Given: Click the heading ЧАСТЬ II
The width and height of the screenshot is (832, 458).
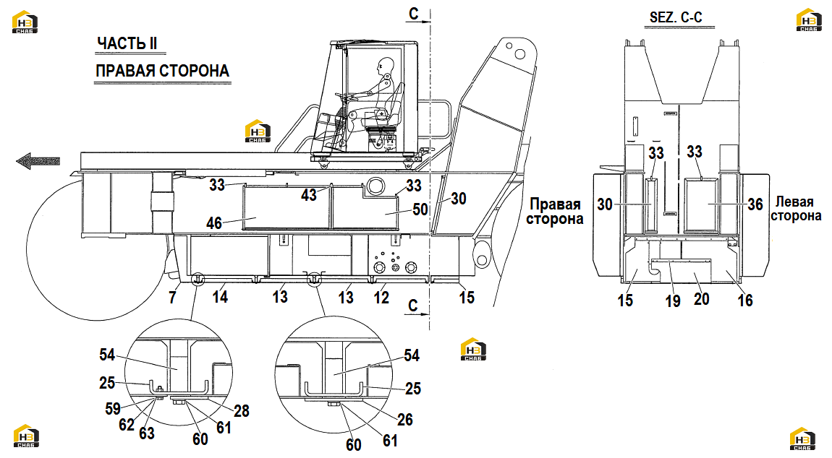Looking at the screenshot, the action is pos(127,43).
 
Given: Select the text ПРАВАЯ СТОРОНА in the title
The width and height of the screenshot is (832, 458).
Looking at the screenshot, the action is pos(162,71).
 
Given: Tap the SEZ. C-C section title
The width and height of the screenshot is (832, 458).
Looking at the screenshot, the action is pos(676,17).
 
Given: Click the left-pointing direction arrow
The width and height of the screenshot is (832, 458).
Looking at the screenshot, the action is pos(38,160).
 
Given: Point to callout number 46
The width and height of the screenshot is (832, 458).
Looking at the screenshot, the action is pos(214,223).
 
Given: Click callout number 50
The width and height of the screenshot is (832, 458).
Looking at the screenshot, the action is pos(420,209).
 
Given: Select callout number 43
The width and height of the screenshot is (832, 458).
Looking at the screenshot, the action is pos(309,194).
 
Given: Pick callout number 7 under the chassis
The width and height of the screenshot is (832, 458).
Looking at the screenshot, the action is pos(172,298).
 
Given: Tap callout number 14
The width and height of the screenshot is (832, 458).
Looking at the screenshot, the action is pos(220,297).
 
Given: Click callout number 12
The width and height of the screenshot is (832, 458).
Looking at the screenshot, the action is pos(381,298).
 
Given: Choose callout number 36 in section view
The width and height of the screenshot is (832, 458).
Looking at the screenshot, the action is pos(755,204).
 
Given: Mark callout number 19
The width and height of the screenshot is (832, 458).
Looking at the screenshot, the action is pos(673,301).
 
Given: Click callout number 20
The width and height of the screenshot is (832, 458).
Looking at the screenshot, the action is pos(702,299).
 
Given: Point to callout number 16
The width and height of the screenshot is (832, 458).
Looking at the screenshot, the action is pos(745,301).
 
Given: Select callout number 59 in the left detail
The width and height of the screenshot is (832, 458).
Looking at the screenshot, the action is pos(112,409).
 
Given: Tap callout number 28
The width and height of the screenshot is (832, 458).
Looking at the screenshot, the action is pos(242,411).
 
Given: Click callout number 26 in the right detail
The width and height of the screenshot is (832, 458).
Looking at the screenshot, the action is pos(405,420).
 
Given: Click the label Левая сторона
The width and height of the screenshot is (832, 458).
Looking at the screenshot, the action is pos(796,209).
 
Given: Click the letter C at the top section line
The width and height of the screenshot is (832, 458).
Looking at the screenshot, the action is pos(414,14).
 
